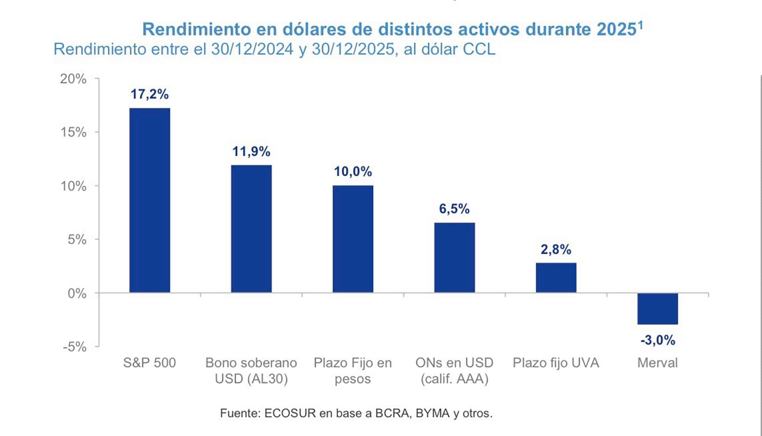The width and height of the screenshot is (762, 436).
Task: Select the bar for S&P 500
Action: pyautogui.click(x=150, y=200)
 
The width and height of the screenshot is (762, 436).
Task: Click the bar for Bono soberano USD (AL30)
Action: pyautogui.click(x=251, y=229)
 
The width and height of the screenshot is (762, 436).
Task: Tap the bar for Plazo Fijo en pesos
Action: pyautogui.click(x=353, y=239)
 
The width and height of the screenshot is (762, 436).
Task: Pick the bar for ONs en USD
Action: pyautogui.click(x=454, y=257)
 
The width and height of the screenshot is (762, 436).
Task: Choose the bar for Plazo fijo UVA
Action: pyautogui.click(x=556, y=278)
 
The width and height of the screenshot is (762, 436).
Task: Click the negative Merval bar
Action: pyautogui.click(x=658, y=309)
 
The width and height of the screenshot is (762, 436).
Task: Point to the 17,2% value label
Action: pyautogui.click(x=150, y=94)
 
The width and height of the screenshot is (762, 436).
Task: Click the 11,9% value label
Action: pyautogui.click(x=251, y=152)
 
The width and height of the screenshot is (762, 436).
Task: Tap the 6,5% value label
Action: pyautogui.click(x=454, y=209)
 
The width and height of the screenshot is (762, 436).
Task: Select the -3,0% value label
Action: pyautogui.click(x=658, y=340)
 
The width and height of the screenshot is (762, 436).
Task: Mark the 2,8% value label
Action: pyautogui.click(x=556, y=250)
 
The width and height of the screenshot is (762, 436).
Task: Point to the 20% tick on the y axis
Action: pyautogui.click(x=73, y=79)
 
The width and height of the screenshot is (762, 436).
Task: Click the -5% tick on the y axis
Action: pyautogui.click(x=75, y=347)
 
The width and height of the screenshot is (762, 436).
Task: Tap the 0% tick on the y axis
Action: pyautogui.click(x=77, y=293)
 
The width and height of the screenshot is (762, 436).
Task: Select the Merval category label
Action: pyautogui.click(x=658, y=363)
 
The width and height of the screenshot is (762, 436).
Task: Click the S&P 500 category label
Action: pyautogui.click(x=150, y=363)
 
